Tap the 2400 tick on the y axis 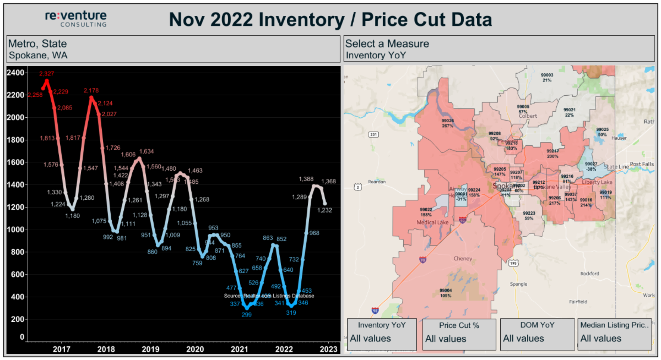point(16,73)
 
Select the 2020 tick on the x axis point(194,349)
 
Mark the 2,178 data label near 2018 point(91,90)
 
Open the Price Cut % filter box point(459,332)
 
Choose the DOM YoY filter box point(537,332)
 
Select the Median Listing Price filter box point(614,332)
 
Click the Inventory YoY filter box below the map point(382,332)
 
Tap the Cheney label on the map point(463,258)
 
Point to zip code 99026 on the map point(447,123)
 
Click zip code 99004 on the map point(446,293)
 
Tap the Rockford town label point(589,274)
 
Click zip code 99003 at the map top point(546,77)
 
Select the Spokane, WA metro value point(39,55)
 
